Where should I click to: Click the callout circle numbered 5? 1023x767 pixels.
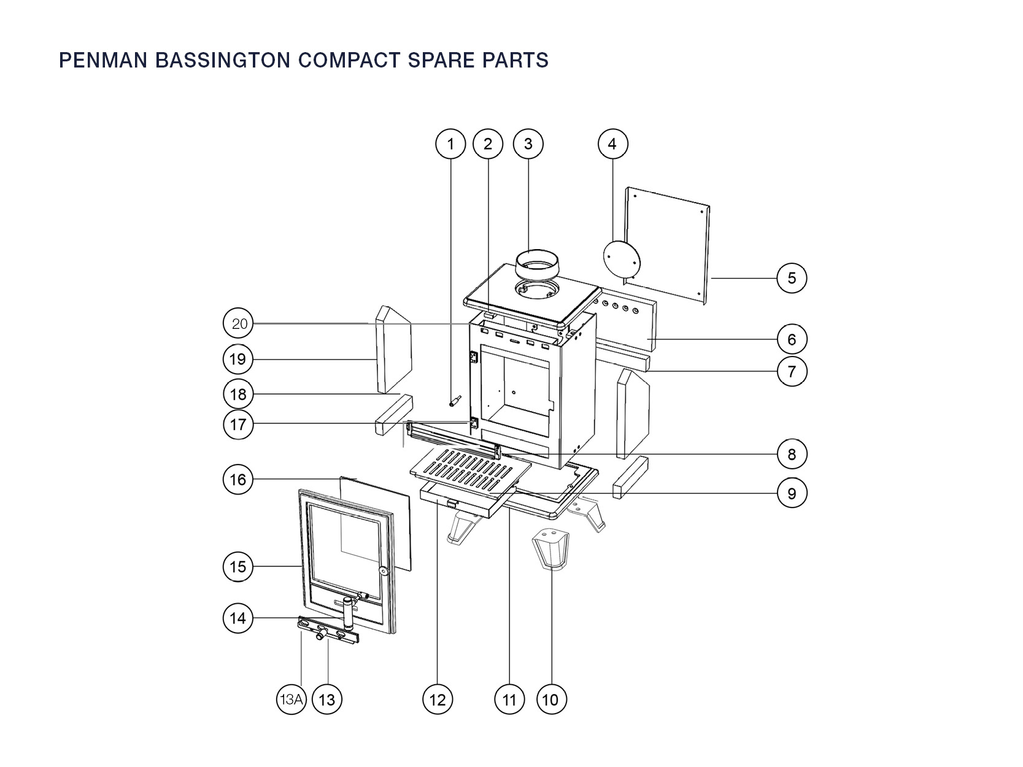tap(791, 278)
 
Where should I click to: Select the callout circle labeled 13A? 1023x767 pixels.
tap(291, 699)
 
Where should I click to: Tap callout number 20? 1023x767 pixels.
tap(238, 324)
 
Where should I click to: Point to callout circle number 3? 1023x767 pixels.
tap(528, 144)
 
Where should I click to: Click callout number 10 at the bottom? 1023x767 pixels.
tap(550, 699)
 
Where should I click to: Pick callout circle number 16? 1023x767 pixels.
tap(238, 479)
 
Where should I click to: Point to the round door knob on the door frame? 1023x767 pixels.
tap(384, 571)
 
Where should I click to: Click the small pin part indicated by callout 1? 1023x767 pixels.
tap(455, 401)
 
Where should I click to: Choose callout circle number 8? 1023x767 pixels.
tap(791, 454)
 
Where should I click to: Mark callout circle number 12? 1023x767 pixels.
tap(437, 699)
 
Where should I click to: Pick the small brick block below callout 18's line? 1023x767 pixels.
tap(393, 416)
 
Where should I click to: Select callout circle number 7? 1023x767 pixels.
tap(791, 371)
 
